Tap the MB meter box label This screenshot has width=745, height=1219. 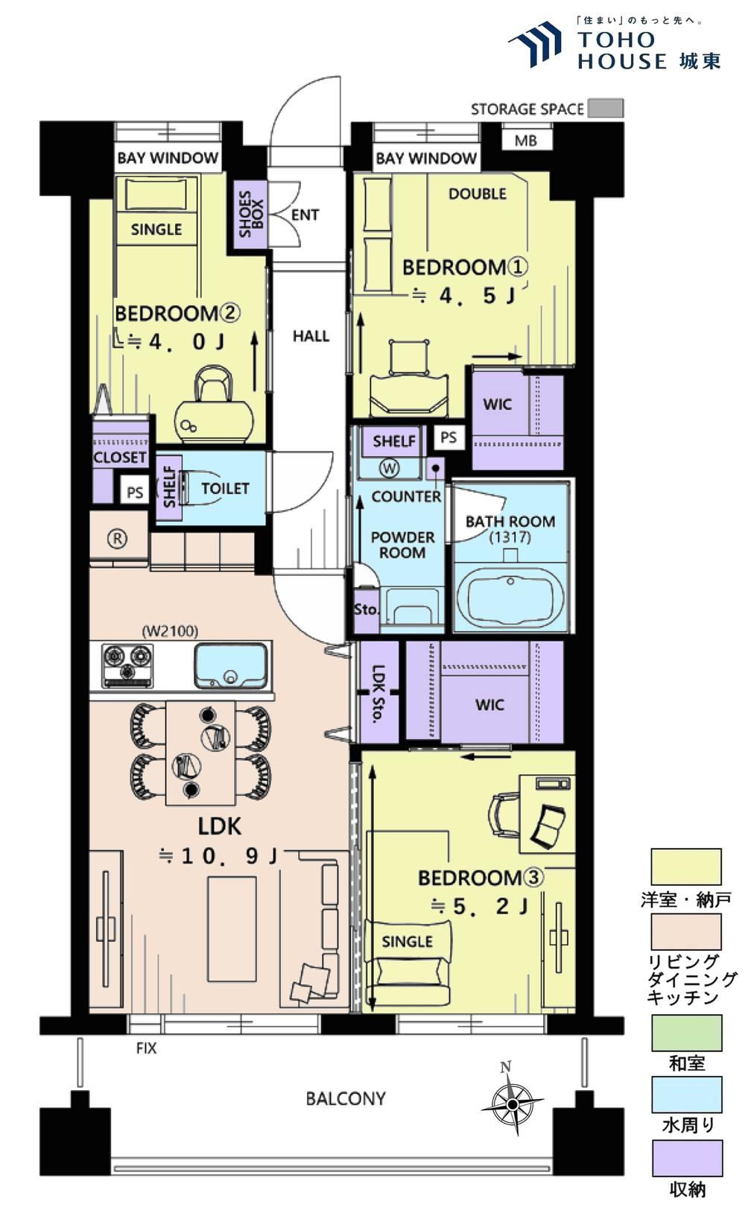coord(526,141)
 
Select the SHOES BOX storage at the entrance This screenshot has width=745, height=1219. coord(251,214)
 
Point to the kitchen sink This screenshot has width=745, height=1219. coord(231,665)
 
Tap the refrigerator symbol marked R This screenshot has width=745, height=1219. coord(118,539)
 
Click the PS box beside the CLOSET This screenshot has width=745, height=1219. coord(134,493)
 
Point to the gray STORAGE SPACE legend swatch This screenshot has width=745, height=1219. coord(605,108)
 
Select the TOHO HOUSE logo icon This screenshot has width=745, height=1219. coord(534,43)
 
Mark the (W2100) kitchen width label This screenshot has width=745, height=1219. coord(170,631)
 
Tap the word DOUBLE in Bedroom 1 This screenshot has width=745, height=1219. coord(478,194)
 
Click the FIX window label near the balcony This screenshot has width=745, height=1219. coord(146,1048)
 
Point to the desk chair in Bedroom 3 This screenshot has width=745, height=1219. coord(503,814)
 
